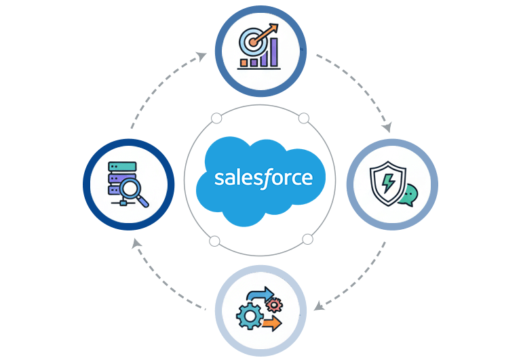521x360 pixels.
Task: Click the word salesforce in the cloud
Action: [x=263, y=178]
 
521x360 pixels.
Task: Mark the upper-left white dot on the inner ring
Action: [x=216, y=119]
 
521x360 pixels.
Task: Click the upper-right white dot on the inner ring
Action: [x=304, y=119]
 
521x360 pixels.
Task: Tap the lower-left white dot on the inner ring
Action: [x=215, y=240]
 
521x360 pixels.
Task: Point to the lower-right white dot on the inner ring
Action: [x=307, y=239]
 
